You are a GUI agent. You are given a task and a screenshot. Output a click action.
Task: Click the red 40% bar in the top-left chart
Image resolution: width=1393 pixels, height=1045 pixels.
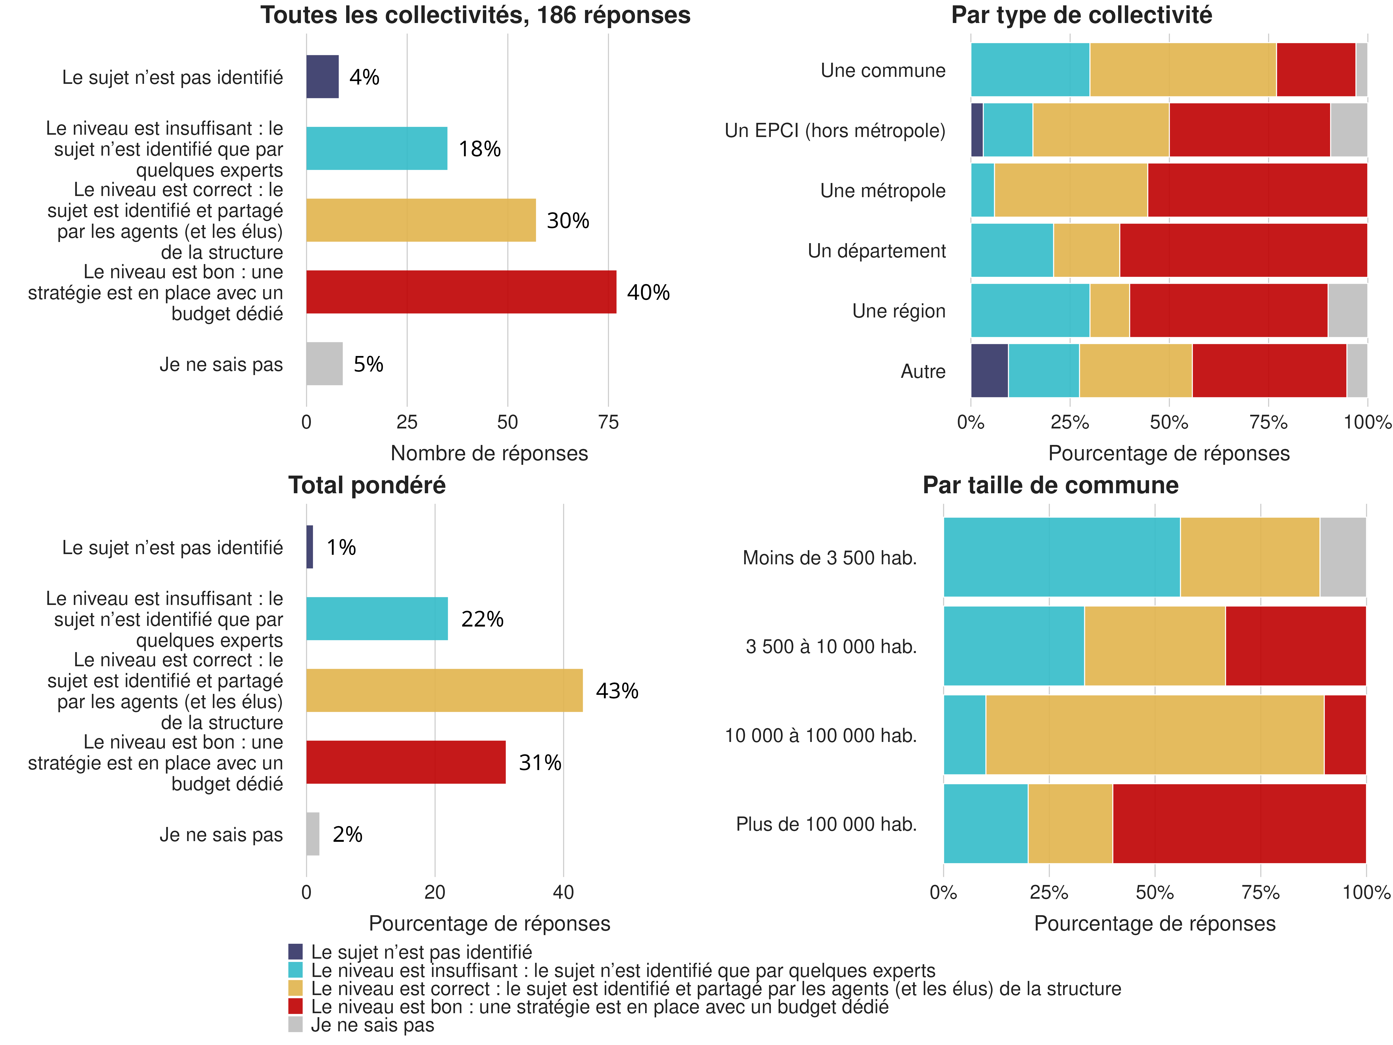[461, 292]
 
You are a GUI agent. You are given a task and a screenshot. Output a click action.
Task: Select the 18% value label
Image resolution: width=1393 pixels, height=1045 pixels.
[479, 149]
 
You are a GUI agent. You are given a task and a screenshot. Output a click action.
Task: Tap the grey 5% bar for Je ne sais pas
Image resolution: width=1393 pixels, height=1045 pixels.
[324, 363]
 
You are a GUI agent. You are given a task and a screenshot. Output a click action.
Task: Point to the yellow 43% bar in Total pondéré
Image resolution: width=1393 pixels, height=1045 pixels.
[444, 690]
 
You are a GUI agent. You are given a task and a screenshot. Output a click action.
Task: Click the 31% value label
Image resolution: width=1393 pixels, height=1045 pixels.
[540, 763]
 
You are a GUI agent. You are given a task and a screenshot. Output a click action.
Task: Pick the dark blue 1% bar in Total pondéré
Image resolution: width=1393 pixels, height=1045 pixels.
[310, 547]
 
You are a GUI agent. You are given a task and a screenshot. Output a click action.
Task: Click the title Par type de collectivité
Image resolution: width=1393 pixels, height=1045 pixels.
[1081, 15]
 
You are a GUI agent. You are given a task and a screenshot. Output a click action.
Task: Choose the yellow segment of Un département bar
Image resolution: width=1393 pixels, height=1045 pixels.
[1086, 250]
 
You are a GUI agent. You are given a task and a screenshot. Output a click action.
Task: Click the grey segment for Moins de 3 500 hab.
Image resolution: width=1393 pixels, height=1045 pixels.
[1343, 557]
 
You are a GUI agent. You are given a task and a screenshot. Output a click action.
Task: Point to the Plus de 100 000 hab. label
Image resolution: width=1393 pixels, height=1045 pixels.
[826, 824]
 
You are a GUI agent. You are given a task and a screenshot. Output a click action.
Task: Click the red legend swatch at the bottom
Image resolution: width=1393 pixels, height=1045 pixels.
[295, 1006]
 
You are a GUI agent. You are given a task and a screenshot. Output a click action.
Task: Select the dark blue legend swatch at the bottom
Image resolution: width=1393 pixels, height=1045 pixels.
[295, 951]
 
